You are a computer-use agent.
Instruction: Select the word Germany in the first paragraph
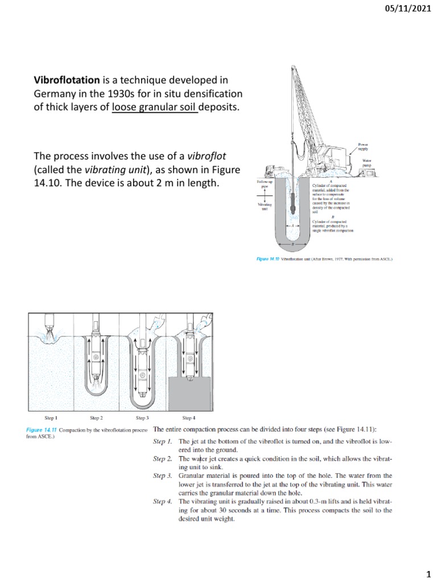tap(56, 93)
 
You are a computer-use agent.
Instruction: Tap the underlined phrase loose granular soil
tap(155, 107)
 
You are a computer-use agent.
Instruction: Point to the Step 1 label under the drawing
tap(50, 418)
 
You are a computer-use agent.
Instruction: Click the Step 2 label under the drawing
tap(96, 418)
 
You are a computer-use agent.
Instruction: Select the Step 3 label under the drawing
tap(142, 418)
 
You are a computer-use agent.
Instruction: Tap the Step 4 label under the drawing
tap(189, 418)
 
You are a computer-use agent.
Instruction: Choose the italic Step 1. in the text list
tap(163, 441)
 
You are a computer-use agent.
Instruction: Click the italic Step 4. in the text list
tap(163, 502)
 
